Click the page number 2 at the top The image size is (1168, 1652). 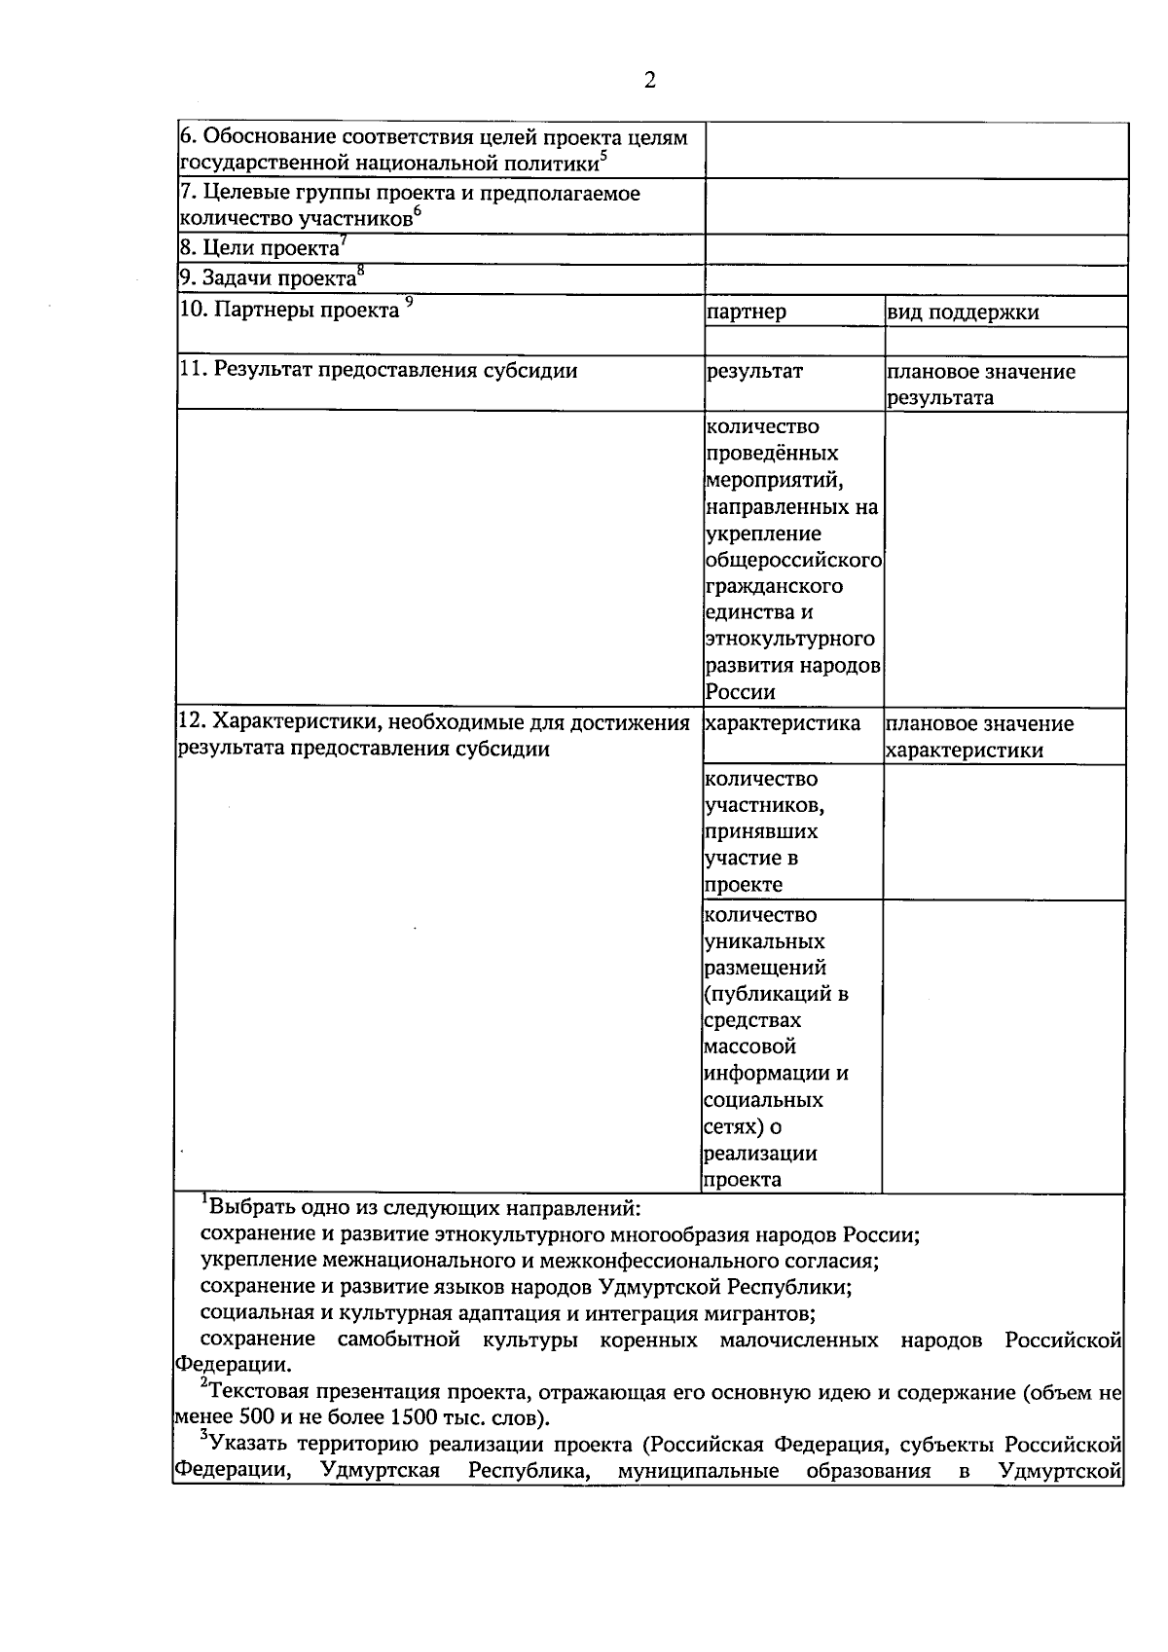pos(649,81)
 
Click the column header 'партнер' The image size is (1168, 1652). pos(747,312)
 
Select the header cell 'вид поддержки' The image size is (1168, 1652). pos(963,312)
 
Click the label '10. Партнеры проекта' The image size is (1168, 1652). pos(290,311)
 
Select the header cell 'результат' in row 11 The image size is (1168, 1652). pos(754,371)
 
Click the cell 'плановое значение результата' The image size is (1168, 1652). pos(980,385)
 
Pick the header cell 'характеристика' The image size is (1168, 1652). pos(784,723)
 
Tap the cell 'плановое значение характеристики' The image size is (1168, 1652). pos(980,737)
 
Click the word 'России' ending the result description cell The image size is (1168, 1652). pos(741,692)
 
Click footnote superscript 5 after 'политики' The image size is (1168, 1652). pos(603,154)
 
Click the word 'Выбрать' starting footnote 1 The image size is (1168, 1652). pos(249,1208)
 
